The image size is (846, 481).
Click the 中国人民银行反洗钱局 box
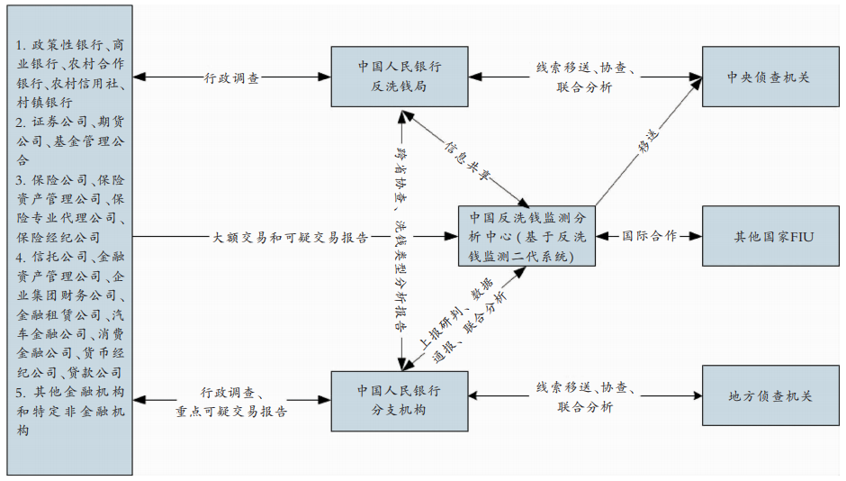399,77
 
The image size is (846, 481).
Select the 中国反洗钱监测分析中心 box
526,236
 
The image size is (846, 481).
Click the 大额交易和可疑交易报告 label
290,238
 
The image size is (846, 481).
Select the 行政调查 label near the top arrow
232,77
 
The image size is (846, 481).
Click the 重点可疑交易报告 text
231,412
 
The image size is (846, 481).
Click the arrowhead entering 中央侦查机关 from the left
696,77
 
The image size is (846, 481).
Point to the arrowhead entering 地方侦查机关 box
696,395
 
